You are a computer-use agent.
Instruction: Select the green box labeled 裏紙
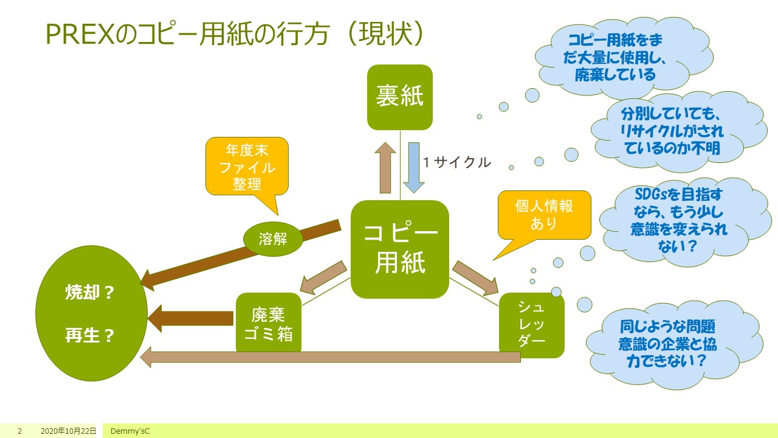tap(399, 97)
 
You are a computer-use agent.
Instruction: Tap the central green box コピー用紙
tap(399, 249)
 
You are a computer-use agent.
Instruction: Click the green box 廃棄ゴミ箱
tap(268, 323)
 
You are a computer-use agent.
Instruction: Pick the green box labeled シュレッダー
tap(531, 325)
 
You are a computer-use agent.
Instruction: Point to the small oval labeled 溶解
tap(273, 239)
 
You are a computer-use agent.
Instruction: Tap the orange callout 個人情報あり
tap(544, 215)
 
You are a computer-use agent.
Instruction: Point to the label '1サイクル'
tap(456, 162)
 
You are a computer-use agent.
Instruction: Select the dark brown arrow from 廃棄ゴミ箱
tap(191, 318)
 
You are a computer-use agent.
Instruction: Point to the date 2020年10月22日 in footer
tap(68, 431)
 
